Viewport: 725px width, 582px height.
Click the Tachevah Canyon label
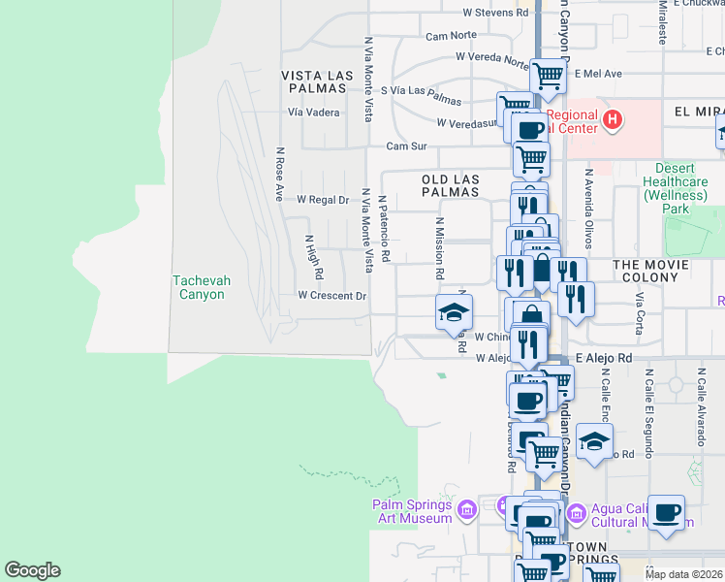pos(202,287)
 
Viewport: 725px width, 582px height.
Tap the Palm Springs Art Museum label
pos(412,511)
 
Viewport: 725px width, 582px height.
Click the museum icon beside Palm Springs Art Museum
pos(467,509)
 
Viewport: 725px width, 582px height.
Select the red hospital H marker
pos(612,120)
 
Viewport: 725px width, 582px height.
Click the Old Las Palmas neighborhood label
pos(451,185)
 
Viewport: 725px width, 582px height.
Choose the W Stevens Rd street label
pos(495,13)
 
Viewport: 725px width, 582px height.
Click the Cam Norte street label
pos(451,36)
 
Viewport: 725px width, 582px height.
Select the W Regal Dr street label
pos(322,200)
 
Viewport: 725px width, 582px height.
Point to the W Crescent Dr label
pos(332,295)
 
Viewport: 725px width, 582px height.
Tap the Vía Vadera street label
pos(313,113)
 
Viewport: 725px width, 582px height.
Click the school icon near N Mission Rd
pos(453,312)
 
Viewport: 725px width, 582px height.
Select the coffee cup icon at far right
pos(666,513)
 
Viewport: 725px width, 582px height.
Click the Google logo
pos(32,570)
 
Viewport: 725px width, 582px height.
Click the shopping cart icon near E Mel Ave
pos(549,75)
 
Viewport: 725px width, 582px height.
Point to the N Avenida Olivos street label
pos(587,204)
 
